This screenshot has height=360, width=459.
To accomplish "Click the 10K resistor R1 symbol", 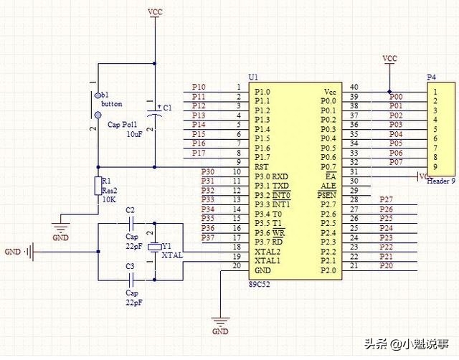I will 98,186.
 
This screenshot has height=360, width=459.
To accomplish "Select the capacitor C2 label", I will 130,210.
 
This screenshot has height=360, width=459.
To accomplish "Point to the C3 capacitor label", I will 130,267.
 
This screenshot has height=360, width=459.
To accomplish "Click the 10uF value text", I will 134,134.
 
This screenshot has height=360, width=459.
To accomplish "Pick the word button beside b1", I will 112,104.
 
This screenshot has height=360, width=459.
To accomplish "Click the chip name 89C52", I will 259,283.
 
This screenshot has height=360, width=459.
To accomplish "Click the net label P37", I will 208,237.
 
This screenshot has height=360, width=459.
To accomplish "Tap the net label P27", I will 386,199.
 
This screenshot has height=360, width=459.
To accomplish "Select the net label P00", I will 396,97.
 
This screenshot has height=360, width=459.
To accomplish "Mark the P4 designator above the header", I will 431,77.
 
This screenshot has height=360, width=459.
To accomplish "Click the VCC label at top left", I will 154,12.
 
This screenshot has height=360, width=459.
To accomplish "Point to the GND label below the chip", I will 221,332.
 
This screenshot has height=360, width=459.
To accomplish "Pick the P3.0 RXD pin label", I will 272,176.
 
